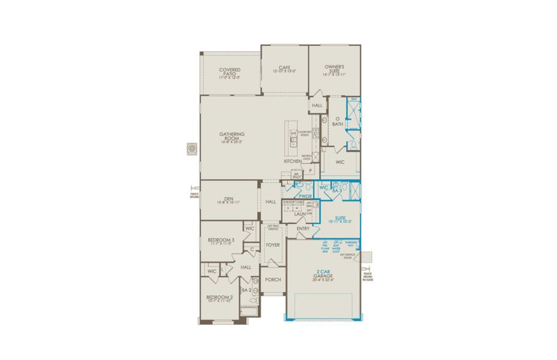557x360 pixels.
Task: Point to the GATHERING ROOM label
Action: (x=231, y=137)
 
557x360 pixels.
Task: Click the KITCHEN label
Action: (x=293, y=162)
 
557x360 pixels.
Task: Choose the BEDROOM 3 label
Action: (x=219, y=240)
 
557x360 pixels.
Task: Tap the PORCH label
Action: (x=273, y=280)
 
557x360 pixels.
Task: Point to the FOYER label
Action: (x=273, y=245)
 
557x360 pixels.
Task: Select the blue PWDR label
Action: (x=306, y=196)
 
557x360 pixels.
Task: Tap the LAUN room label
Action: (x=291, y=214)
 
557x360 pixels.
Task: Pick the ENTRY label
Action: (x=302, y=229)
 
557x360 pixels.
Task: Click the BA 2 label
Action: (x=246, y=290)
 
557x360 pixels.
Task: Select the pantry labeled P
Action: (x=310, y=170)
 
